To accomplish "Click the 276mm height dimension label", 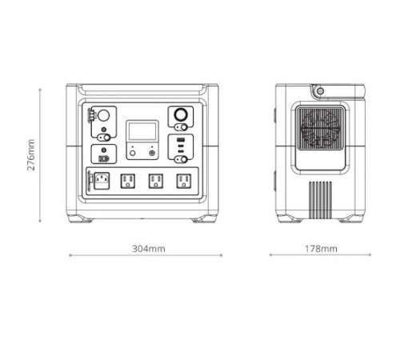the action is [x=31, y=155].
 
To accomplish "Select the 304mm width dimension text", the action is [x=149, y=249].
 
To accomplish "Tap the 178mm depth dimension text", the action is [x=321, y=249].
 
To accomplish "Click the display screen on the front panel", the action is [x=142, y=131].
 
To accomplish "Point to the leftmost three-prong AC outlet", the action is [x=128, y=182].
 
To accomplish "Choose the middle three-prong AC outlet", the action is [x=156, y=182].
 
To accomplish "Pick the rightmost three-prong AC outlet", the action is [x=184, y=182].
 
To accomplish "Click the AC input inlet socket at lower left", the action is [x=102, y=181].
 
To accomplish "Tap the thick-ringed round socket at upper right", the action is [x=181, y=115].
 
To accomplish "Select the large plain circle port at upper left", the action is [x=103, y=116].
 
